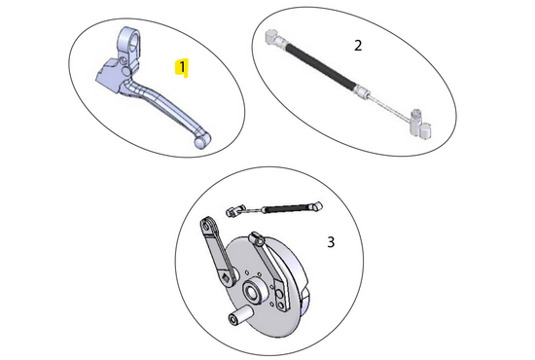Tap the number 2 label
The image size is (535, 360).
point(358,45)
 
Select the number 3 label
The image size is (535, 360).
point(330,242)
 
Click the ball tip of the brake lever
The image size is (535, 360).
point(202,142)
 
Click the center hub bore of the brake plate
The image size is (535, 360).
point(251,292)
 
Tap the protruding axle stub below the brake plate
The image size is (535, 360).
point(235,318)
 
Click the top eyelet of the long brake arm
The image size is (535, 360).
point(206,225)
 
